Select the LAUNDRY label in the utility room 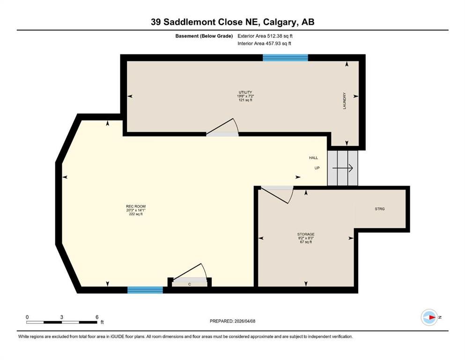[x=344, y=101]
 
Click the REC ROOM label [x=133, y=206]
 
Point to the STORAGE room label [x=305, y=234]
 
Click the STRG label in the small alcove [x=380, y=209]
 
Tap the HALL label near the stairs [x=313, y=158]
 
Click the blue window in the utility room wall [x=285, y=58]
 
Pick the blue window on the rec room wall [x=145, y=290]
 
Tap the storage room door [x=276, y=194]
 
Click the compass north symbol [x=429, y=317]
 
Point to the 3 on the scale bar [x=62, y=317]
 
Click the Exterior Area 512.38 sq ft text [x=268, y=36]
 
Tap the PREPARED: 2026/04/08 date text [x=233, y=321]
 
